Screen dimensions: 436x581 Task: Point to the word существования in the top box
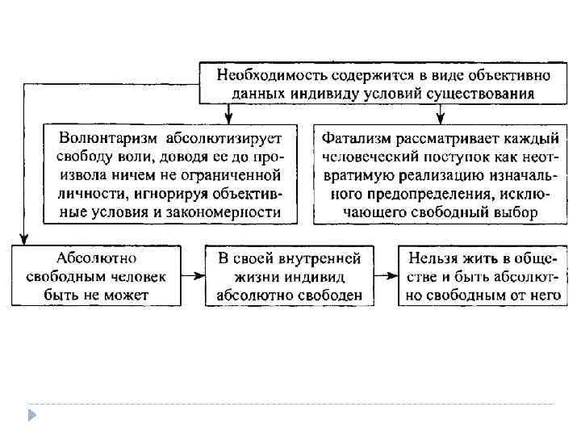click(x=483, y=94)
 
